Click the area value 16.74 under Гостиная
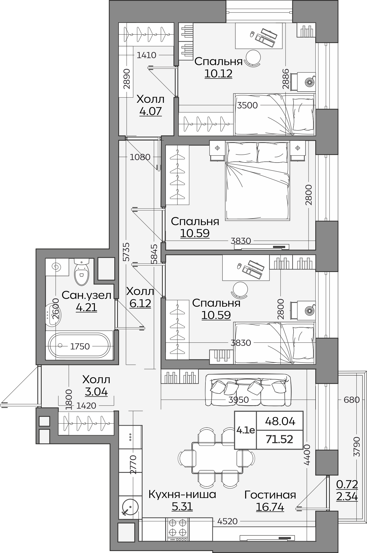pos(270,507)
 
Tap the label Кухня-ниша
pos(182,494)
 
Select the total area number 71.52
pos(280,439)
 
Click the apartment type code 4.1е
pos(245,430)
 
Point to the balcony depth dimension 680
pos(352,400)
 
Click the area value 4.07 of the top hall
pos(150,111)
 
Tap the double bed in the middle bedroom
pos(257,181)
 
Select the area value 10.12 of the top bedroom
pos(218,73)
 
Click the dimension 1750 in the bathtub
pos(80,346)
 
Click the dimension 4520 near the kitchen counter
pos(227,521)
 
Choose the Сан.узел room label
pos(86,295)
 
